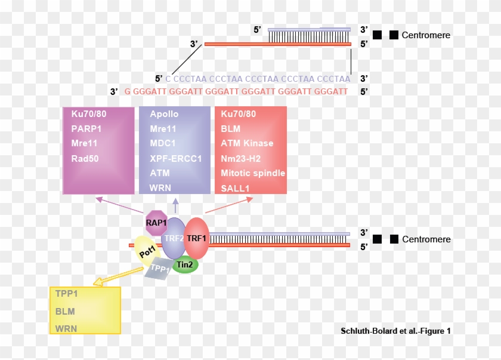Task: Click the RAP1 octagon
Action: (x=157, y=222)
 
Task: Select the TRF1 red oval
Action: (x=196, y=238)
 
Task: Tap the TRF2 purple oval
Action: (x=174, y=238)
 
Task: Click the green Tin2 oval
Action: (x=185, y=264)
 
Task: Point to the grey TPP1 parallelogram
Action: (x=158, y=269)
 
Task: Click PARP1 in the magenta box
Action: (x=84, y=128)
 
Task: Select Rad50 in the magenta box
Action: (x=85, y=158)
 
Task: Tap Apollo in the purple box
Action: (x=164, y=114)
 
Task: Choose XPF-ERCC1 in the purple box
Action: (x=176, y=158)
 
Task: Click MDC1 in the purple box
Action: (x=163, y=143)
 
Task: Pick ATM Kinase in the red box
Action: (x=247, y=143)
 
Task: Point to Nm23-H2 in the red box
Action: (x=243, y=158)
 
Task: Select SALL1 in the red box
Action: (x=235, y=187)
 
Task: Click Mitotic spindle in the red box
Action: (x=253, y=173)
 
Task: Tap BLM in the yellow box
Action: (x=65, y=311)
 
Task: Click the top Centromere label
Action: (x=426, y=35)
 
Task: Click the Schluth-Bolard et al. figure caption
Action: (x=395, y=331)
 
